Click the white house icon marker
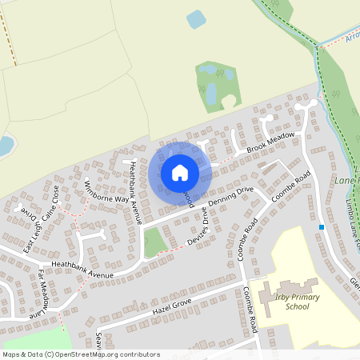pos(180,173)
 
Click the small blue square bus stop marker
pos(322,227)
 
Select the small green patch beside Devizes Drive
pos(154,242)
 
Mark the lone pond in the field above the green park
pos(195,19)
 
